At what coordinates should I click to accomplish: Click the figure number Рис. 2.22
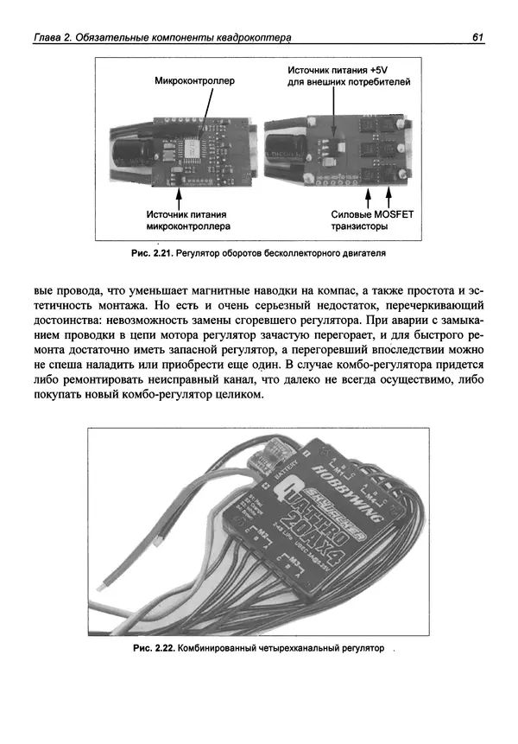coord(155,647)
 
